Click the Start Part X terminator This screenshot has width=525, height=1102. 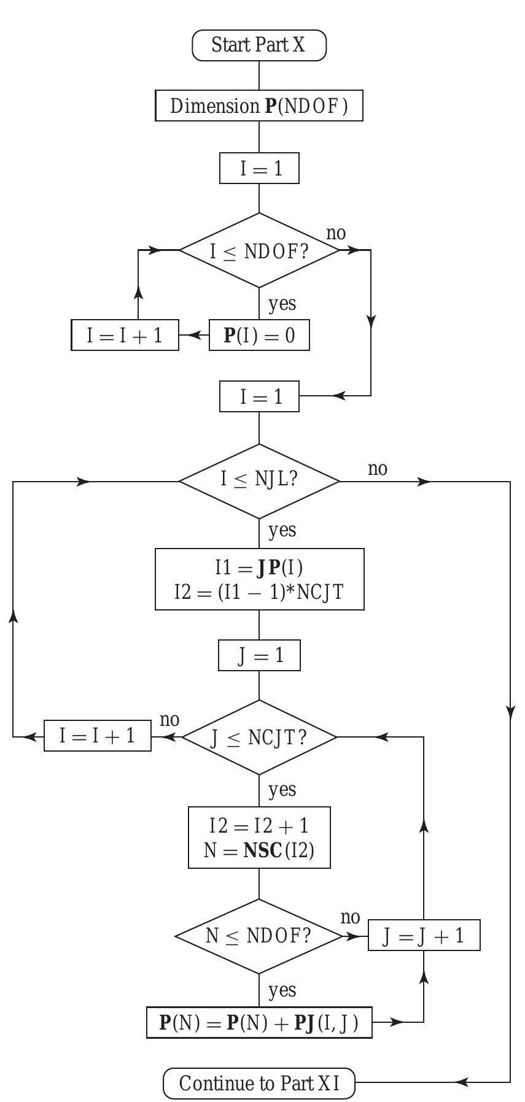[259, 45]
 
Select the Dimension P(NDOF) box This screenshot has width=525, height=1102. [259, 106]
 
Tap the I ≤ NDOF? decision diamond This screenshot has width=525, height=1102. [259, 250]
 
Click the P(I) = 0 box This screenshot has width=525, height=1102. [259, 336]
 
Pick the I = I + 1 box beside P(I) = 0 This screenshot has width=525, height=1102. [125, 336]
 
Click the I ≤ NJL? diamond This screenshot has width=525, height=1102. [259, 481]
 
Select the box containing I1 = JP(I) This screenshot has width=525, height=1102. [259, 579]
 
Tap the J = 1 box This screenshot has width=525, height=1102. [259, 656]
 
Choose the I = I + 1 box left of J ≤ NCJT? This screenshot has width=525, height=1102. [98, 736]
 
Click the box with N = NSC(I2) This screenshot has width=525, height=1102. [259, 838]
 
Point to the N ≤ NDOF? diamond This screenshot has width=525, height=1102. [258, 936]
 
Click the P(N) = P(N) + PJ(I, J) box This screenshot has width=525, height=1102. [259, 1022]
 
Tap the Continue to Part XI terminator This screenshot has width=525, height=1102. [259, 1083]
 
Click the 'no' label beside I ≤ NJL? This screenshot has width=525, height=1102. [378, 469]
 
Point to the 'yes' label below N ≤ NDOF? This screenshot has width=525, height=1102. [282, 990]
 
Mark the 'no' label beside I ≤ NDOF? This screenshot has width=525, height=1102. [336, 234]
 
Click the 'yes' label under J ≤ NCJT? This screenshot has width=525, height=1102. [282, 789]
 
